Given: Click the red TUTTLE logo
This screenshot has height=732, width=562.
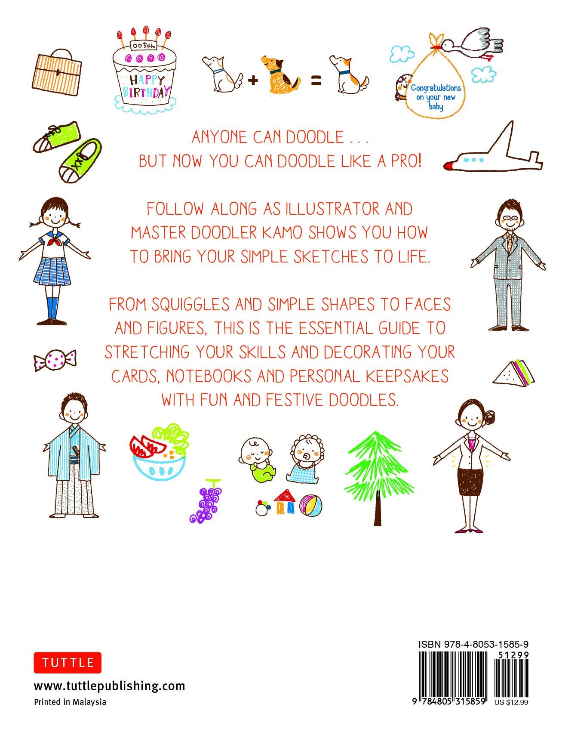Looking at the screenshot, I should tap(68, 662).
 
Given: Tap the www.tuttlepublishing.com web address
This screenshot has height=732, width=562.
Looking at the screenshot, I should tap(109, 686).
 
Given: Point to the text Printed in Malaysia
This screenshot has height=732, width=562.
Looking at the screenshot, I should tap(70, 702).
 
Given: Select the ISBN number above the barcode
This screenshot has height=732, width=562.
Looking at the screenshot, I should tap(473, 644).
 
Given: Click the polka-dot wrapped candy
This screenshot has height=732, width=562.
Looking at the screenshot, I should tap(55, 360).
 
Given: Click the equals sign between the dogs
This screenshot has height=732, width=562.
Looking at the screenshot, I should tap(316, 80).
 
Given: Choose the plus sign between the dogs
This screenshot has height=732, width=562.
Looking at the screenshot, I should tap(253, 80).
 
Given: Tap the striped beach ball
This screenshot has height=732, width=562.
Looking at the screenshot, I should tap(312, 506).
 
